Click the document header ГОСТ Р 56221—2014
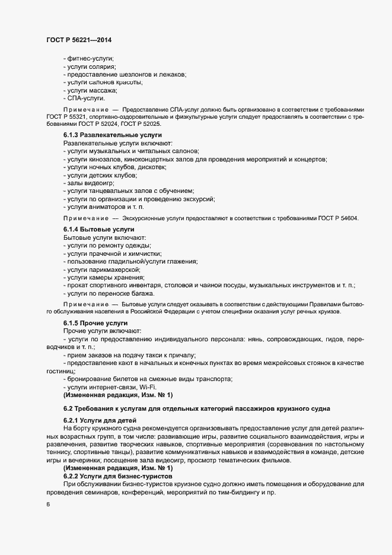(78, 39)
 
